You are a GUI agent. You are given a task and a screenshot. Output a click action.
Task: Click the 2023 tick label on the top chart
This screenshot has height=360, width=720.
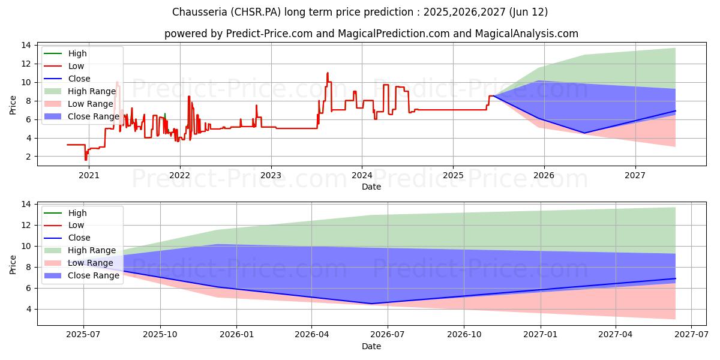coord(271,176)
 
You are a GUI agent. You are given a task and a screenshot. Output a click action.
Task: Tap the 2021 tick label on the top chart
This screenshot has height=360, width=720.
coord(89,176)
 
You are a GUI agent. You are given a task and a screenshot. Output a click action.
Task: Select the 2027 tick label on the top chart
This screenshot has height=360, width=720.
coord(635,176)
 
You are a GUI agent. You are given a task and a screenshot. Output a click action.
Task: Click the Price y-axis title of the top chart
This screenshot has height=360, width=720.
coord(13,105)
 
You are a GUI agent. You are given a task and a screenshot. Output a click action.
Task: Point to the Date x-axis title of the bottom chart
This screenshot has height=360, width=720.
coord(371,346)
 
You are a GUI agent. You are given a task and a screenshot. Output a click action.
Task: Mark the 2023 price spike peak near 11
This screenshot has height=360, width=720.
coord(328,73)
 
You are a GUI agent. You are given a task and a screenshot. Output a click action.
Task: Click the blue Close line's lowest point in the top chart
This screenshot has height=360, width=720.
coord(584,133)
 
